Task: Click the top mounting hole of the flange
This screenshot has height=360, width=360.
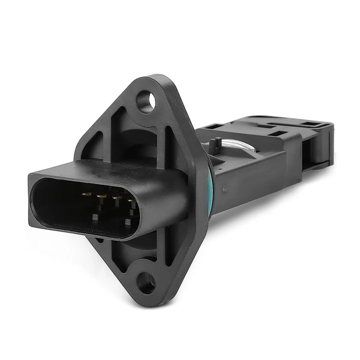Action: pyautogui.click(x=145, y=100)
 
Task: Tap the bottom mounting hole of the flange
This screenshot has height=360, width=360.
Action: pyautogui.click(x=144, y=281)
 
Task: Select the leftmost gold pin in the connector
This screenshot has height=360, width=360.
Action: pyautogui.click(x=85, y=195)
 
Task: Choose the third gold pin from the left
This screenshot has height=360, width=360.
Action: pyautogui.click(x=116, y=197)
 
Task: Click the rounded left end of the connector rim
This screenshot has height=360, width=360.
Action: pyautogui.click(x=35, y=198)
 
